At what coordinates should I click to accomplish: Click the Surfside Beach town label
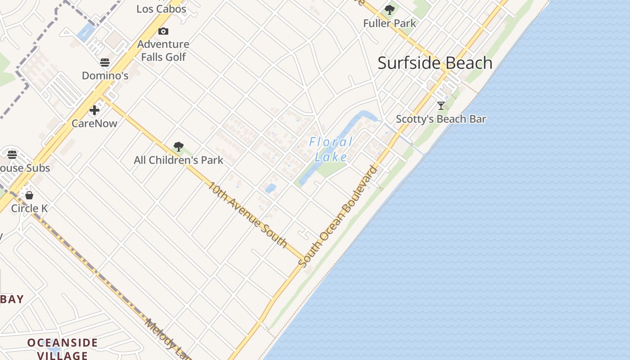coord(435,63)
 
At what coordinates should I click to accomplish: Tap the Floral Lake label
coord(331,149)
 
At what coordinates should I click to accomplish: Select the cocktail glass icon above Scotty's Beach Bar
coord(441,106)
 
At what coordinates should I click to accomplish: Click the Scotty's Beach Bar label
coord(441,119)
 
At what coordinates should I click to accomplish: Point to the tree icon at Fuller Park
coord(390,9)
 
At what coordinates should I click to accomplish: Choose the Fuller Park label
coord(390,23)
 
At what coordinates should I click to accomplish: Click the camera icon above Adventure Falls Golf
coord(163,31)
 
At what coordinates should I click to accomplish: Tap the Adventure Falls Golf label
coord(163,50)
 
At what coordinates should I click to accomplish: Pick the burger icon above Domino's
coord(105,62)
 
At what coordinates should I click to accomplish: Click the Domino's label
coord(105,76)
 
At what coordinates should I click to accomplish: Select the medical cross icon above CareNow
coord(94,110)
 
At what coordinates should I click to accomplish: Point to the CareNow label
coord(94,123)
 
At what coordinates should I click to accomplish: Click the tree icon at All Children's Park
coord(179,146)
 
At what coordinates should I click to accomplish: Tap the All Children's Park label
coord(179,160)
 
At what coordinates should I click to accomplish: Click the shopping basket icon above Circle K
coord(29,195)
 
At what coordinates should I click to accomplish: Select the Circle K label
coord(29,208)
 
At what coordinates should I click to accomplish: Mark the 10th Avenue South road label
coord(247,214)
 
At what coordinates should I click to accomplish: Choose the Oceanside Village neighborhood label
coord(62,349)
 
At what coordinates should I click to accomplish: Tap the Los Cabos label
coord(161,9)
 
